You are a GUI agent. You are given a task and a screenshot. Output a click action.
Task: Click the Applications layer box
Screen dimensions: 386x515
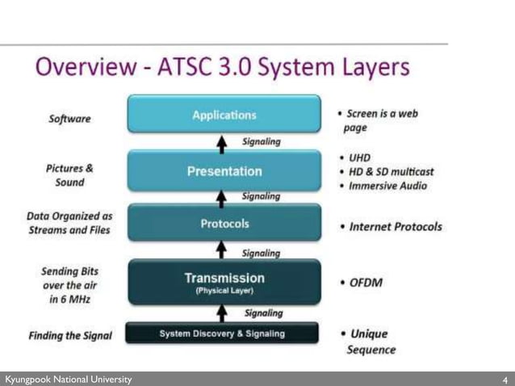click(224, 115)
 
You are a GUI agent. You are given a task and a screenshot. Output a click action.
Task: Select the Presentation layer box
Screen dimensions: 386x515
click(224, 170)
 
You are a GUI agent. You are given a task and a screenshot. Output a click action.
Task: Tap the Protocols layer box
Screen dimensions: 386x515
click(224, 223)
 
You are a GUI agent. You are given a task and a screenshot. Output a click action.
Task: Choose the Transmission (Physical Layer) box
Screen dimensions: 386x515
click(224, 282)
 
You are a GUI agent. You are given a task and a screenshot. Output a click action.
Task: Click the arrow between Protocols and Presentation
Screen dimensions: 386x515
click(224, 196)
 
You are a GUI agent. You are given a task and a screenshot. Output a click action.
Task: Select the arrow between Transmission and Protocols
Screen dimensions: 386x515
click(224, 253)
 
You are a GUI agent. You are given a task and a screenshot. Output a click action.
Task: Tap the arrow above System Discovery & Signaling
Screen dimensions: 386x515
click(224, 313)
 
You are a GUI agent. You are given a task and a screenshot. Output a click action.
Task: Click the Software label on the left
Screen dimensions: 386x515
click(69, 119)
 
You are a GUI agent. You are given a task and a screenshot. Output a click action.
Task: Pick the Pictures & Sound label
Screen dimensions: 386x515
click(69, 175)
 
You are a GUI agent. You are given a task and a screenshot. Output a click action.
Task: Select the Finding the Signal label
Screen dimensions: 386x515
click(70, 335)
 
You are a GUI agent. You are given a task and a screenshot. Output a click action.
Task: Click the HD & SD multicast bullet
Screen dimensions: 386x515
click(389, 171)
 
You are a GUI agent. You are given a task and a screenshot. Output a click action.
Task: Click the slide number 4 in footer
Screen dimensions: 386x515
click(505, 379)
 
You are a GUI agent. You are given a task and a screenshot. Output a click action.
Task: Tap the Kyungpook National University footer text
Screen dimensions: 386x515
click(68, 379)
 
